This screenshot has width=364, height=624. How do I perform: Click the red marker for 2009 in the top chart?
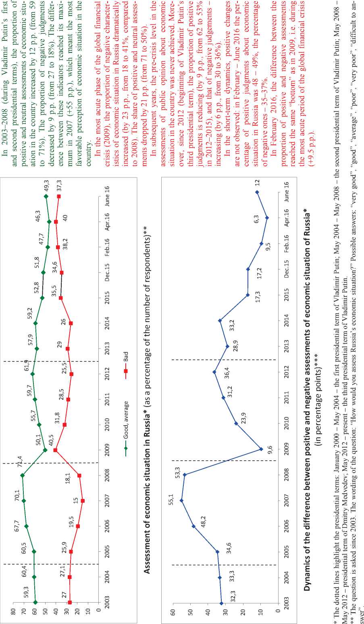pos(55,450)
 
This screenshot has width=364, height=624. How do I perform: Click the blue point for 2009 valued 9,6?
pos(261,449)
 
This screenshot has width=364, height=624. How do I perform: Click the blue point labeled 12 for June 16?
pos(257,192)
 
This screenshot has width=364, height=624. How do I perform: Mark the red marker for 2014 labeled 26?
pos(71,323)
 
